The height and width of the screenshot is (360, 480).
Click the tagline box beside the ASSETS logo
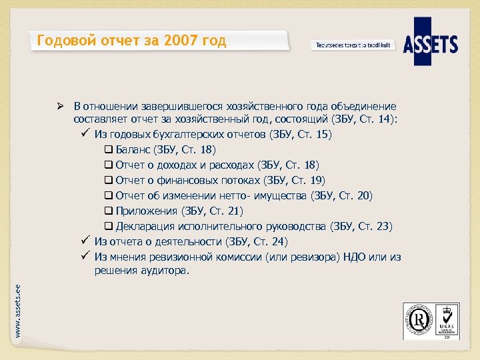point(353,45)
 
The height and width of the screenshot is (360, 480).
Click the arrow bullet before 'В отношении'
point(59,106)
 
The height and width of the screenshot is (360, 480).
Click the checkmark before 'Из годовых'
point(85,134)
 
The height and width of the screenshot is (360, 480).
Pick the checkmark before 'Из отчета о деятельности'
point(85,241)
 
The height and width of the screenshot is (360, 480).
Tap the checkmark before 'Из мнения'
point(85,256)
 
